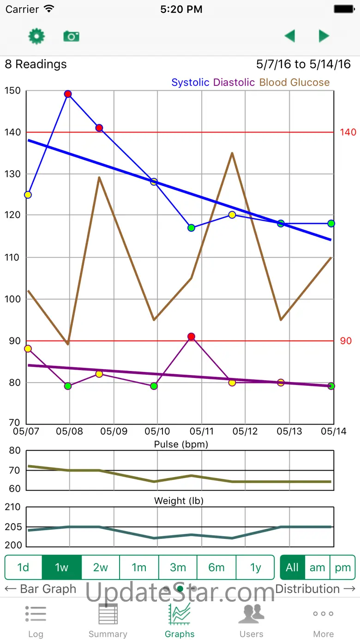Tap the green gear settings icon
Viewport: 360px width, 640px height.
click(36, 36)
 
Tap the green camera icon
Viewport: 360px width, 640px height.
click(71, 36)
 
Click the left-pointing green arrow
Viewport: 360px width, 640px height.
click(290, 36)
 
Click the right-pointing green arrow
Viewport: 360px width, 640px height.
click(324, 36)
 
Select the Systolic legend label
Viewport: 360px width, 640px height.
click(190, 83)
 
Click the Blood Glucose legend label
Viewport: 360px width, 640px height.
click(294, 83)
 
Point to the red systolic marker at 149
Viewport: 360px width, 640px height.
click(68, 94)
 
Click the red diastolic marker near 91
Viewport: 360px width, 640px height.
click(192, 337)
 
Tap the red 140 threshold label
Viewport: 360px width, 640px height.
click(348, 132)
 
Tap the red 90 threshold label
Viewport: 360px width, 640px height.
click(346, 341)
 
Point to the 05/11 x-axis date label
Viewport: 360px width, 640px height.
click(201, 431)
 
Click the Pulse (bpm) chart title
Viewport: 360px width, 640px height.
click(181, 444)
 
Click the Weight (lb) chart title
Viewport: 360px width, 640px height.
click(179, 501)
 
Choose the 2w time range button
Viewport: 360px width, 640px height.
click(100, 567)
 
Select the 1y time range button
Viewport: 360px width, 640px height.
click(255, 567)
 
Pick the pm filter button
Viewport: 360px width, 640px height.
click(343, 567)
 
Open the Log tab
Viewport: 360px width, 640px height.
click(36, 620)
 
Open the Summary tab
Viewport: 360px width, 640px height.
click(108, 620)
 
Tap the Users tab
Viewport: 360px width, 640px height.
click(251, 620)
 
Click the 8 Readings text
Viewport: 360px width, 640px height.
click(36, 64)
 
